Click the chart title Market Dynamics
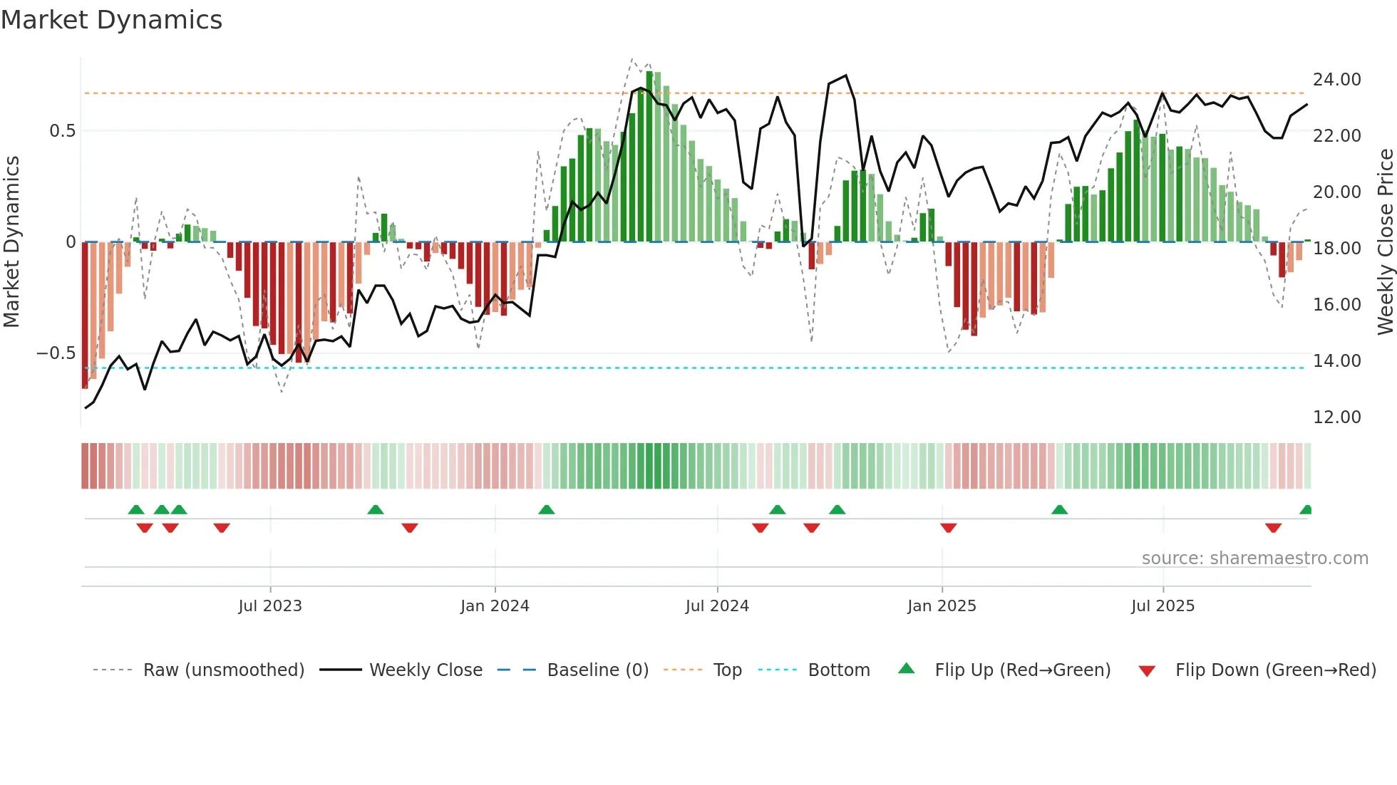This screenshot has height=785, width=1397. coord(112,20)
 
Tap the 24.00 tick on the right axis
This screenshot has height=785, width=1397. coord(1336,80)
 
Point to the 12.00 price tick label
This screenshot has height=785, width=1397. coord(1336,417)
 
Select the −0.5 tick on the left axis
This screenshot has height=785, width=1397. coord(56,354)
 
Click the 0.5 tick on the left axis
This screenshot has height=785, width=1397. coord(62,131)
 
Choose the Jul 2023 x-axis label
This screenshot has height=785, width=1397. coord(270,606)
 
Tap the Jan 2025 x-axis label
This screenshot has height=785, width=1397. coord(942,606)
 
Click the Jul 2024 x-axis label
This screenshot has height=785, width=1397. coord(717,606)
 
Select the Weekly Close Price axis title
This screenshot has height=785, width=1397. coord(1385,242)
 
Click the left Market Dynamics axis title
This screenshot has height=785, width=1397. coord(11,242)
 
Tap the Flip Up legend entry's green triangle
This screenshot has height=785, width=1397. coord(906,668)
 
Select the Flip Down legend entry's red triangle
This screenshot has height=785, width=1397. coord(1147,671)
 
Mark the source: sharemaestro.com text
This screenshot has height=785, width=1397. coord(1254,558)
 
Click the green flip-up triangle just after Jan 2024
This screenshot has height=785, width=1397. coord(547,510)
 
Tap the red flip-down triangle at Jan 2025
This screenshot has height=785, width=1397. coord(948,528)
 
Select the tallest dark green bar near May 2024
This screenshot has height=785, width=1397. coord(649,157)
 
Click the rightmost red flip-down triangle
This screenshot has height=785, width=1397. coord(1274,528)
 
